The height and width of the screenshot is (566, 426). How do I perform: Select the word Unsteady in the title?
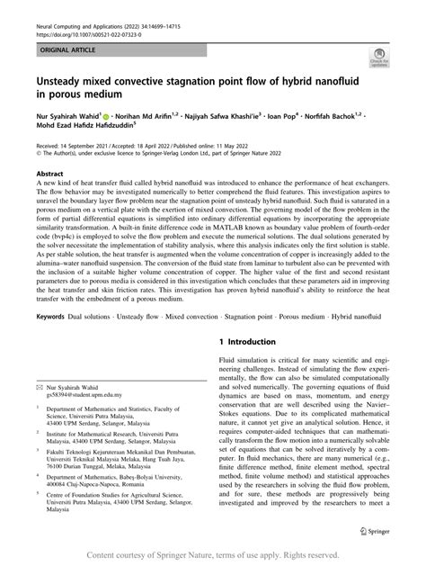point(66,82)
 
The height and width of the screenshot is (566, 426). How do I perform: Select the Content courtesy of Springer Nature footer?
point(213,557)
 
